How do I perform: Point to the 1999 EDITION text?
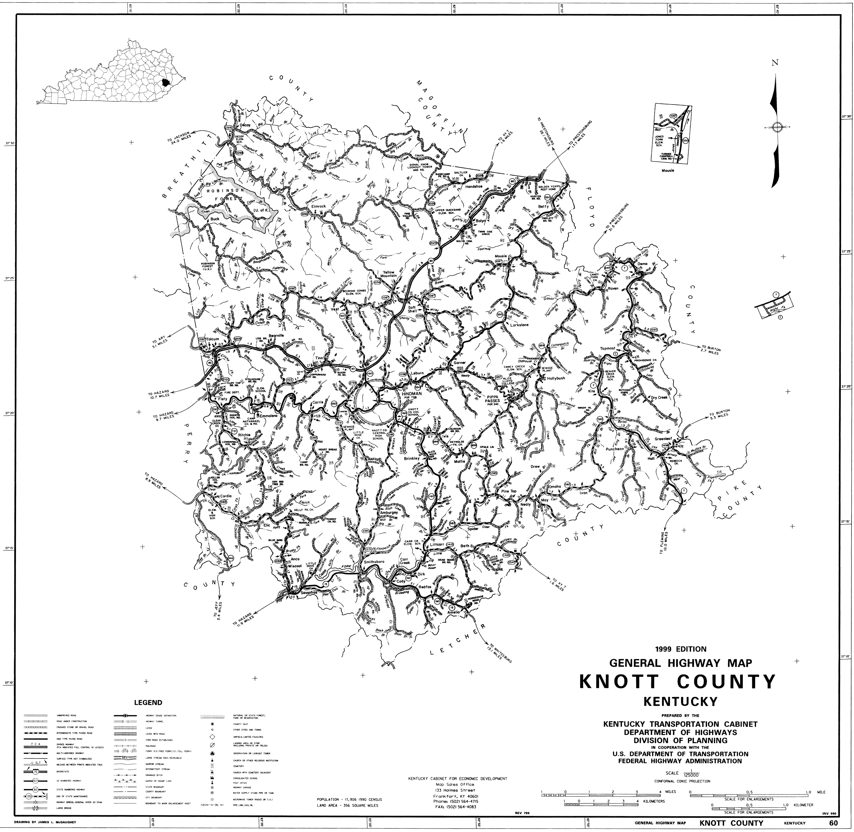tap(680, 649)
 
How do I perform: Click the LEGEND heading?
tap(148, 703)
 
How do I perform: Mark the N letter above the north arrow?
tap(775, 63)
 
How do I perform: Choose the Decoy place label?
tap(245, 125)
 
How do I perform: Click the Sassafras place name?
tap(311, 593)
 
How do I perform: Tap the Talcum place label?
tap(213, 339)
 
